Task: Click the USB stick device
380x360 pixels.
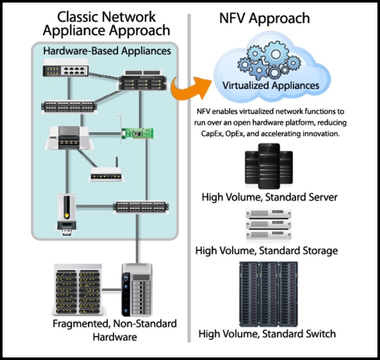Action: (67, 215)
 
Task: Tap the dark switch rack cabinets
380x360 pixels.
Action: (268, 294)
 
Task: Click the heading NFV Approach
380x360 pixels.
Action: (264, 18)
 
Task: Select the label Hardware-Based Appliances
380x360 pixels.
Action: (107, 51)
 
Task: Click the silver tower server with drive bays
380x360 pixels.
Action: (137, 288)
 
